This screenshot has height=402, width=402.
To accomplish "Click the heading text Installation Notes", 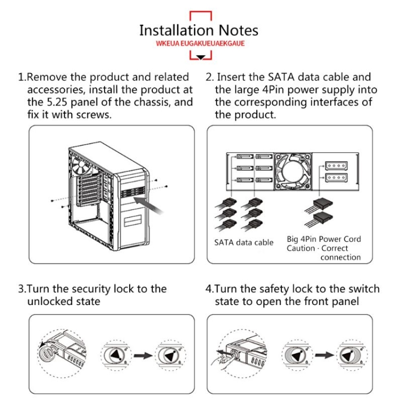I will [198, 30].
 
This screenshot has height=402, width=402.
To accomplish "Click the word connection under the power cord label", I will [340, 257].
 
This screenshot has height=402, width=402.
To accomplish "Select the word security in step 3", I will [88, 289].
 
